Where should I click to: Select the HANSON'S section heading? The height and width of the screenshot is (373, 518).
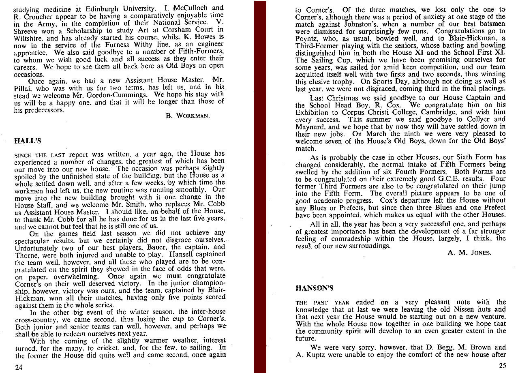pos(314,288)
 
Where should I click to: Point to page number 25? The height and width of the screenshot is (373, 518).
pos(502,365)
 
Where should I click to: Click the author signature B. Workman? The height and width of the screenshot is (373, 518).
pos(188,116)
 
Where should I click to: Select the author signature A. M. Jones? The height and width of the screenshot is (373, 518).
pos(469,252)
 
